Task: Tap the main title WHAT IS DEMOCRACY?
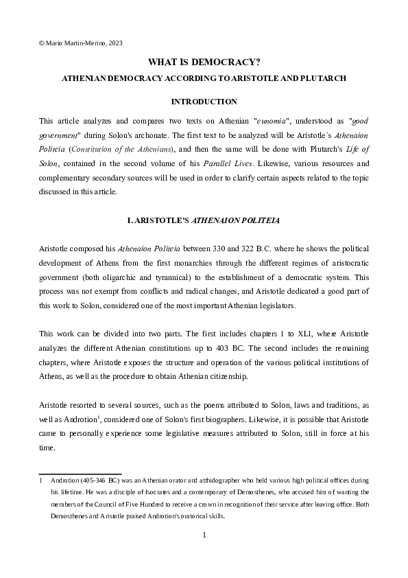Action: click(204, 62)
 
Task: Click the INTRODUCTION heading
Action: click(204, 102)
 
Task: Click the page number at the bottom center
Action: click(204, 535)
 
